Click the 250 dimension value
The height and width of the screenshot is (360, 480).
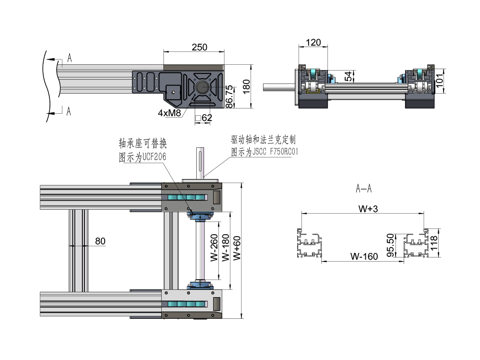200,47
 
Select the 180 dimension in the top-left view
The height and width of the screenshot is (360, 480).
247,87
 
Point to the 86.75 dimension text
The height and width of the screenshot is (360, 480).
230,96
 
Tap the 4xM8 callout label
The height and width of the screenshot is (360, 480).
169,113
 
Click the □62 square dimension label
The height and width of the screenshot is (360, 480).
204,118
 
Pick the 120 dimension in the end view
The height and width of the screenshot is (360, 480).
313,42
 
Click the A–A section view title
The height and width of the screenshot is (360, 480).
363,189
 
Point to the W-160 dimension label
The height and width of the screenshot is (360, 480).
363,256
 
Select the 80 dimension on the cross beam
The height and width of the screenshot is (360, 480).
100,241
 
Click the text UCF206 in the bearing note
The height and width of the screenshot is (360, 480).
154,157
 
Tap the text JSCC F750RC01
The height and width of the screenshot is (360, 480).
272,152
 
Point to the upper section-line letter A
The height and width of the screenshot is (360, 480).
70,58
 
